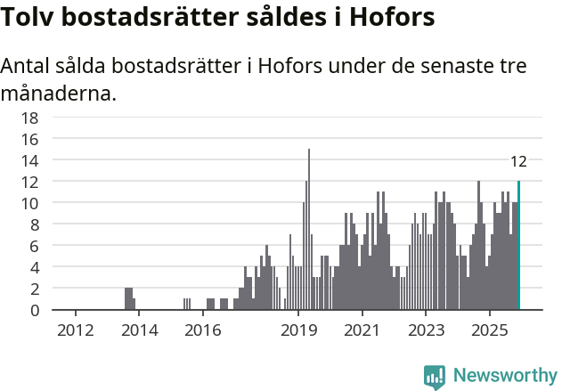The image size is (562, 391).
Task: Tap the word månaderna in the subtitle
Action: pos(59,93)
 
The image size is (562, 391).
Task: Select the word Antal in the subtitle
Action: pos(28,67)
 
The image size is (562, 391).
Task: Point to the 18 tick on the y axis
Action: pos(29,118)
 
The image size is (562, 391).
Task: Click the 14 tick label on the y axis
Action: pos(29,160)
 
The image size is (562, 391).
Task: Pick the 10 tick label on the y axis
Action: pos(29,203)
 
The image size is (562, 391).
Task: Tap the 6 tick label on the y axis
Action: pos(34,246)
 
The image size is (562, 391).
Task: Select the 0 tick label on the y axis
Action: pos(34,310)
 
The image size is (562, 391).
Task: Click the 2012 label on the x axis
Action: pos(75,331)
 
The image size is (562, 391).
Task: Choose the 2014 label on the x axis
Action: pos(140,331)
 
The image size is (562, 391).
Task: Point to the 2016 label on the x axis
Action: pos(203,331)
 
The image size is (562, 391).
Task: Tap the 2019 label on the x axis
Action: pos(298,331)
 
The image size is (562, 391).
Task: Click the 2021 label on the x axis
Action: pos(362,331)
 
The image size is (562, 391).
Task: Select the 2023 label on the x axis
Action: pos(426,331)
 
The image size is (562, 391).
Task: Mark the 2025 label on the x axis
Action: pos(490,331)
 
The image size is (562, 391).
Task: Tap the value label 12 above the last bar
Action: pos(518,161)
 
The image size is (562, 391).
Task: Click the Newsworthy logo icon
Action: pos(435,376)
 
